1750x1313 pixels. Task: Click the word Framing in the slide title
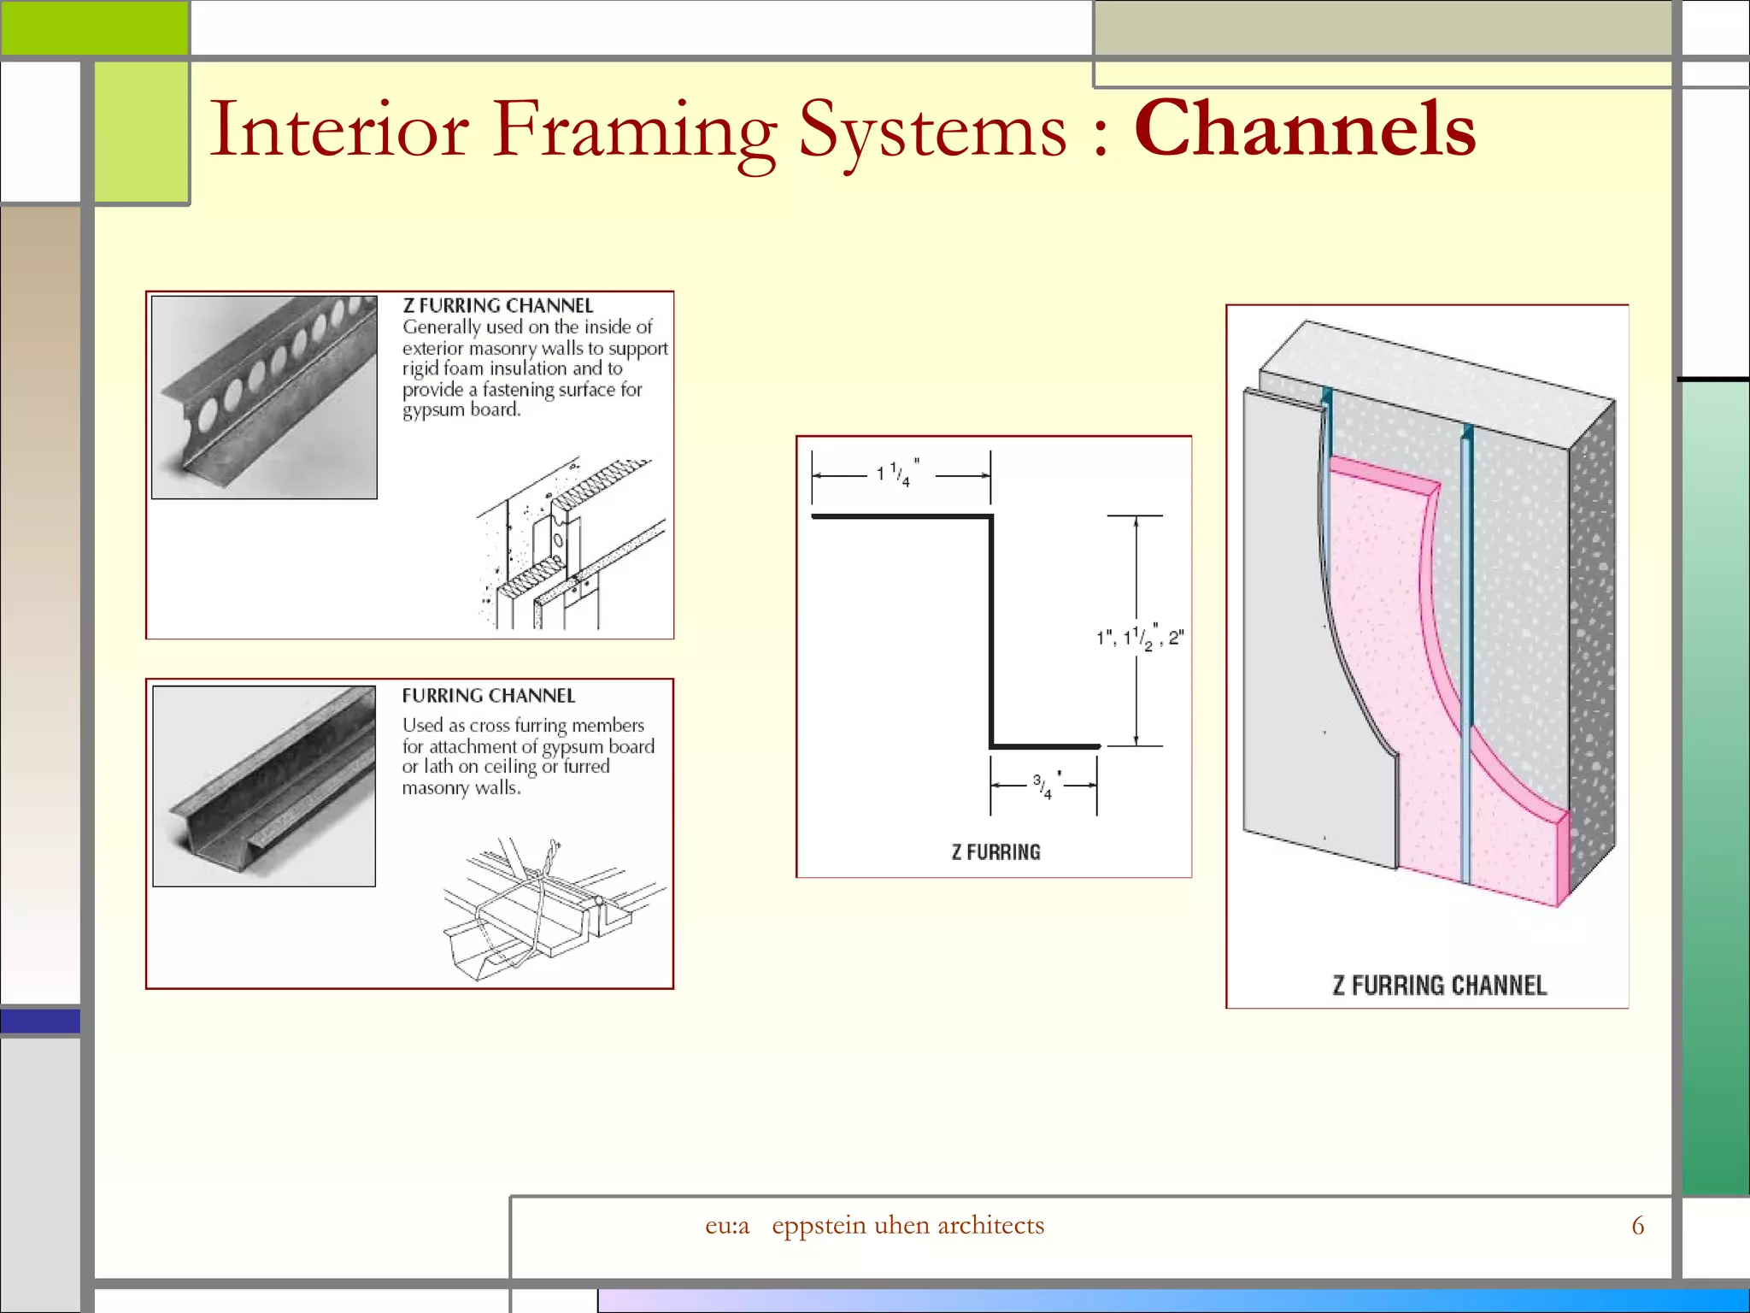pyautogui.click(x=634, y=130)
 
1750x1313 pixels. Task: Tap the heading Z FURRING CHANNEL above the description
pyautogui.click(x=497, y=305)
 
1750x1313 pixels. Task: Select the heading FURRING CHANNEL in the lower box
pyautogui.click(x=488, y=696)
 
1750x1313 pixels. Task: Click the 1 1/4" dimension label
pyautogui.click(x=898, y=474)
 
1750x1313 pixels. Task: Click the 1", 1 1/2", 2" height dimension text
pyautogui.click(x=1140, y=638)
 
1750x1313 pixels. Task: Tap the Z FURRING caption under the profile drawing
pyautogui.click(x=995, y=852)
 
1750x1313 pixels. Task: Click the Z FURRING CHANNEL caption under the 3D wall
pyautogui.click(x=1439, y=986)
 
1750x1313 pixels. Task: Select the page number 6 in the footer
pyautogui.click(x=1637, y=1226)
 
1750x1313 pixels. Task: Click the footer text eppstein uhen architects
pyautogui.click(x=907, y=1226)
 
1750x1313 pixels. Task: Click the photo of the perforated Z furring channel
pyautogui.click(x=264, y=397)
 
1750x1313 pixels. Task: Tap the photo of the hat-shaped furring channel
pyautogui.click(x=264, y=786)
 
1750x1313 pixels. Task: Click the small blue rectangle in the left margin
pyautogui.click(x=40, y=1021)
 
